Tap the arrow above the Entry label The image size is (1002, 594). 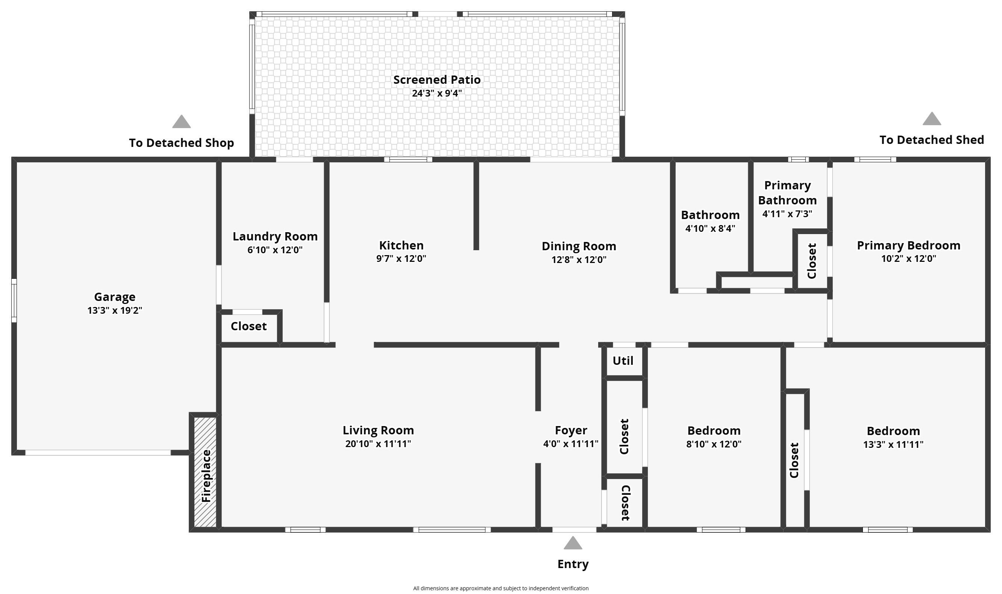[573, 543]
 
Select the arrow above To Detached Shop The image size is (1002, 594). [182, 122]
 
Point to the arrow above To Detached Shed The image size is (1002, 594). [932, 119]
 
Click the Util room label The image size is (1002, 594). [623, 361]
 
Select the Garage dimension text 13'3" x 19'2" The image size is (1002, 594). [115, 310]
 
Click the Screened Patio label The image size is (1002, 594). [437, 80]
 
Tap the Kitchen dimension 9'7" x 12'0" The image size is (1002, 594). [401, 258]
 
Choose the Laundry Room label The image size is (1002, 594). [275, 236]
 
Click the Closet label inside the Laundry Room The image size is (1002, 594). [248, 326]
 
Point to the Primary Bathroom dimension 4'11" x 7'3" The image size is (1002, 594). [787, 214]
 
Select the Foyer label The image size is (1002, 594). [571, 430]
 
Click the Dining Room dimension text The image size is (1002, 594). [579, 260]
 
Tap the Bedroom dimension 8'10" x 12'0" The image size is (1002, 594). [714, 444]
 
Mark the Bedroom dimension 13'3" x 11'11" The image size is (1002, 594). [893, 444]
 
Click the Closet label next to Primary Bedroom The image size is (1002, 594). [812, 261]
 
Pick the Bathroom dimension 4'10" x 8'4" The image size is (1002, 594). [710, 228]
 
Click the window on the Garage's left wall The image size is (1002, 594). [14, 300]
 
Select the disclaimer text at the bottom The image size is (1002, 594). [500, 588]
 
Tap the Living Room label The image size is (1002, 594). [378, 430]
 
